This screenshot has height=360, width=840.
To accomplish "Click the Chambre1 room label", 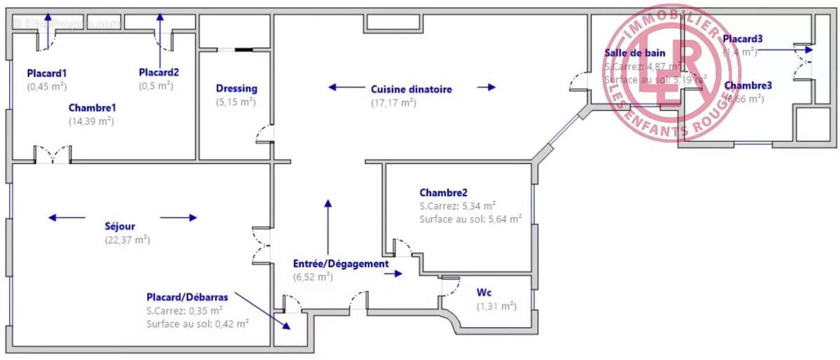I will coord(92,108).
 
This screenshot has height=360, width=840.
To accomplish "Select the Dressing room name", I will coord(236,89).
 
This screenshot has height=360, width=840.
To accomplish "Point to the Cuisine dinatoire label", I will coord(411,89).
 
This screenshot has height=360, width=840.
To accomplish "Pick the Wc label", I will coord(484,291).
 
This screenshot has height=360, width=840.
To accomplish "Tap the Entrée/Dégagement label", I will coord(340,264).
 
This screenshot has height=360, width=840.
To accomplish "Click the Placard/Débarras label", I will coord(187,296).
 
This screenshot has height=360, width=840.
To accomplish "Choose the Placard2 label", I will coord(159,72).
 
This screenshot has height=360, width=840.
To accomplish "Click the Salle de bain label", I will coord(635,53).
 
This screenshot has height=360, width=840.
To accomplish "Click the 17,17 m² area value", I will coord(393,102).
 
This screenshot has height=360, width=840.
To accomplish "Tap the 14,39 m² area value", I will coord(91,120).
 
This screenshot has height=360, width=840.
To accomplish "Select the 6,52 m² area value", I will coord(312,277).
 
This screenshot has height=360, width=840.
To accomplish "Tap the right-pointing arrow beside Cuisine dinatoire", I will coord(486,88).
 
